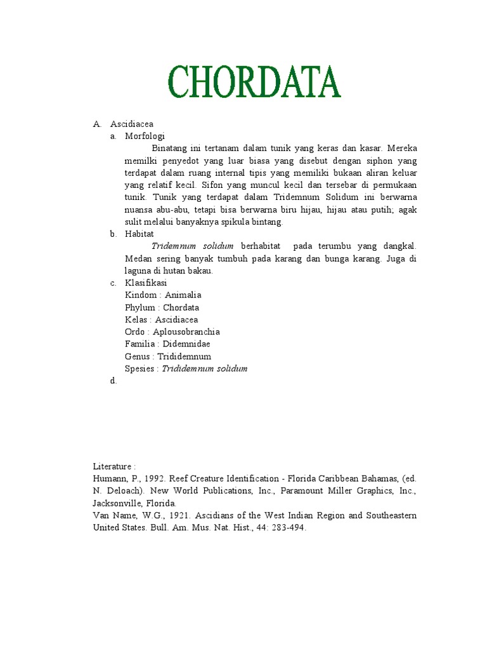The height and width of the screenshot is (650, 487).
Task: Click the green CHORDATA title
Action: pos(254,83)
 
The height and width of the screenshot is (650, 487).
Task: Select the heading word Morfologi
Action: pos(145,136)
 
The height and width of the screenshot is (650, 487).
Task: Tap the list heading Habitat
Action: pos(140,234)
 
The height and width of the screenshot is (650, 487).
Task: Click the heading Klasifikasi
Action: pos(146,283)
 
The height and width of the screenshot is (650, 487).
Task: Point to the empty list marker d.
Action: pos(114,381)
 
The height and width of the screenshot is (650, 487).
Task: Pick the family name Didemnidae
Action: pos(187,344)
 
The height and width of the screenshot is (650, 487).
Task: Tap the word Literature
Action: pos(112,467)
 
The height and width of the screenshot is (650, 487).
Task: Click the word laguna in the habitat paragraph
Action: pos(138,271)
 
